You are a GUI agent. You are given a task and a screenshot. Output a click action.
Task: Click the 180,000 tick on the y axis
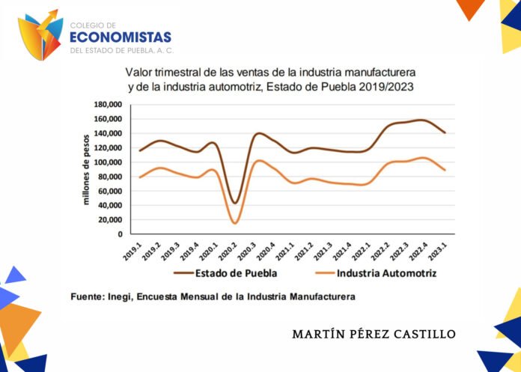pos(107,105)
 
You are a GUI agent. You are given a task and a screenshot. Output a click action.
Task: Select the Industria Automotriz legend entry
pos(387,272)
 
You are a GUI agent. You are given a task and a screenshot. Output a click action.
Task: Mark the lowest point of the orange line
pos(235,223)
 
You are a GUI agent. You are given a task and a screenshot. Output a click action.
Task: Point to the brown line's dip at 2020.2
pos(235,203)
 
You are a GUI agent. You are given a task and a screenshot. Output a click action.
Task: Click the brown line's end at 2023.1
pos(445,132)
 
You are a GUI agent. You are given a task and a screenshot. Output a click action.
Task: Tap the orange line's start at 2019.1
pos(139,177)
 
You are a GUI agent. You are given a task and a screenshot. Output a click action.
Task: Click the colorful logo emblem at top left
pos(40,37)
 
